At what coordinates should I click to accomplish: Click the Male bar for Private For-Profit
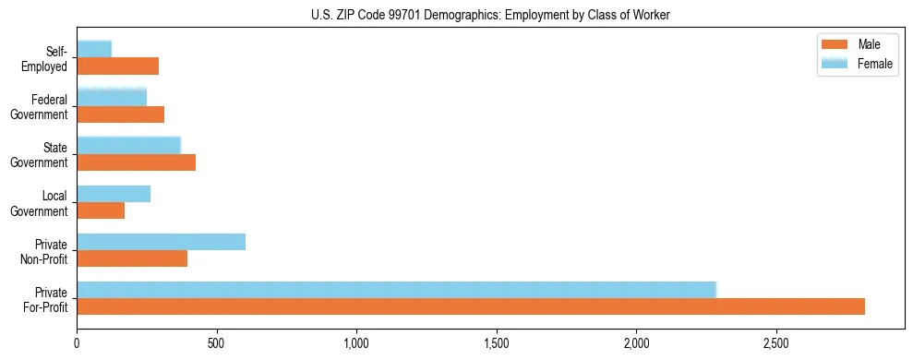[x=471, y=306]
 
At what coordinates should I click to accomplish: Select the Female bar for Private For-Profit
[x=397, y=290]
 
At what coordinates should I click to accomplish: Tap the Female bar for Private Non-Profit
[x=162, y=242]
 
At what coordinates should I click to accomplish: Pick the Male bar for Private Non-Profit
[x=132, y=258]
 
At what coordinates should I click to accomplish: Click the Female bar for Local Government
[x=114, y=194]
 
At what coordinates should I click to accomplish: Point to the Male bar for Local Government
[x=101, y=210]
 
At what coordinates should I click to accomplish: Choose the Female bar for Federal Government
[x=112, y=97]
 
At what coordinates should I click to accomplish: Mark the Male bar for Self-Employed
[x=118, y=66]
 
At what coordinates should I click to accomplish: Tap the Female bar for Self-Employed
[x=94, y=49]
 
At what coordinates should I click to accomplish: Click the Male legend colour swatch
[x=835, y=45]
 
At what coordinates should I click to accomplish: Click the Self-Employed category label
[x=49, y=58]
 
